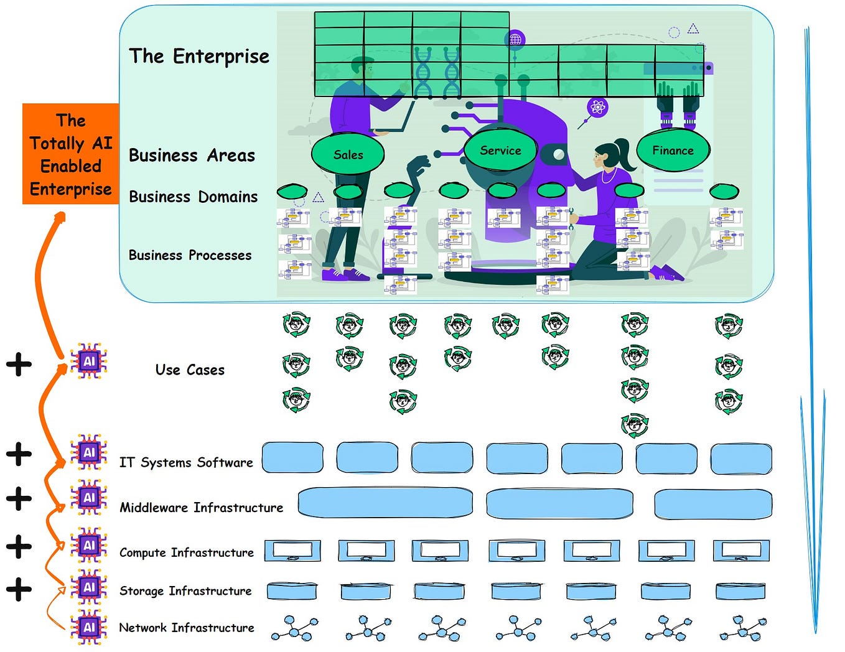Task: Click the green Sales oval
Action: pyautogui.click(x=347, y=154)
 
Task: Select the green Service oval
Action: pyautogui.click(x=500, y=151)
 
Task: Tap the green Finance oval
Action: pyautogui.click(x=673, y=151)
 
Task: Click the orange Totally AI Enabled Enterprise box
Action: pyautogui.click(x=70, y=154)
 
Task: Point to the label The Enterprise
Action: pyautogui.click(x=199, y=56)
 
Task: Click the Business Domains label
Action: pyautogui.click(x=193, y=197)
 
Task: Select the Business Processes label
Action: pyautogui.click(x=190, y=255)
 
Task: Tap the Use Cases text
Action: pyautogui.click(x=190, y=370)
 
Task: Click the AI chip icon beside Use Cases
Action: pyautogui.click(x=89, y=361)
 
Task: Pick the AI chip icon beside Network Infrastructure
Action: pyautogui.click(x=89, y=626)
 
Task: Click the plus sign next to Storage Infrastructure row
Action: pyautogui.click(x=19, y=589)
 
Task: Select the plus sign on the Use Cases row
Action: pyautogui.click(x=19, y=364)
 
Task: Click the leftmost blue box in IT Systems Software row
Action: pyautogui.click(x=292, y=459)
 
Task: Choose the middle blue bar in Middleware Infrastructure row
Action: pyautogui.click(x=559, y=503)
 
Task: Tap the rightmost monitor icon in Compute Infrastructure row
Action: pyautogui.click(x=741, y=551)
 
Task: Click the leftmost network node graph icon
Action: pyautogui.click(x=294, y=628)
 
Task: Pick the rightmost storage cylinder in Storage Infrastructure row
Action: pyautogui.click(x=740, y=591)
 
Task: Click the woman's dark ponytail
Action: pyautogui.click(x=622, y=156)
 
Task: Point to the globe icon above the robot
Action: pyautogui.click(x=515, y=40)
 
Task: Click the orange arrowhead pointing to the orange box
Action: pyautogui.click(x=60, y=216)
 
